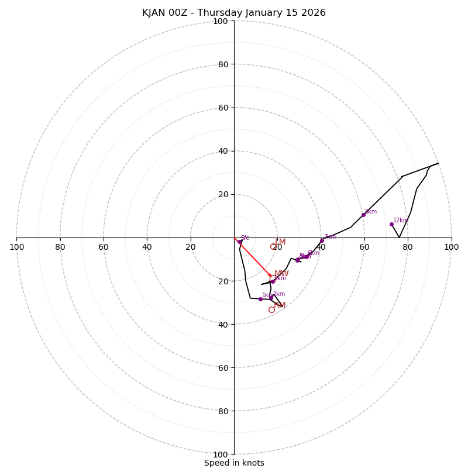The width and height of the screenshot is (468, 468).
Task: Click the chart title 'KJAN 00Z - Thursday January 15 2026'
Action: coord(234,13)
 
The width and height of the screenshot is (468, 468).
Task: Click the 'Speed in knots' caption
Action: coord(234,463)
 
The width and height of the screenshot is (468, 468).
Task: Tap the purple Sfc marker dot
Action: coord(240,242)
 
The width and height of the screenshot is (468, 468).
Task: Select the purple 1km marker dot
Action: coord(260,299)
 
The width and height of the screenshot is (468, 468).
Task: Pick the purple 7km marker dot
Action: coord(322,240)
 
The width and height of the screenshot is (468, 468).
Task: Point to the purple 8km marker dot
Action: coord(363,215)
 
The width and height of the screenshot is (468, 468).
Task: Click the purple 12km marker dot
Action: coord(391,224)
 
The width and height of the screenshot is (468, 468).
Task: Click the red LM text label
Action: coord(280,242)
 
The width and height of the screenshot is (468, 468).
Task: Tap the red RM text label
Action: coord(280,305)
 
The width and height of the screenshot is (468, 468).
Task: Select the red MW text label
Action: coord(281,274)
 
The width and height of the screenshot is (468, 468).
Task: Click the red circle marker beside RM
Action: coord(271,310)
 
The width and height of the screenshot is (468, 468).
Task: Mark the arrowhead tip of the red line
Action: coord(270,275)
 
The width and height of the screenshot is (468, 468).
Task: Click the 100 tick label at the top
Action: coord(221,21)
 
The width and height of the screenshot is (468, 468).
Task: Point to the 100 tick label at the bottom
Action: coord(221,454)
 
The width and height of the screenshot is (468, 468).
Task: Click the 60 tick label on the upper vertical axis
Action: coord(222,108)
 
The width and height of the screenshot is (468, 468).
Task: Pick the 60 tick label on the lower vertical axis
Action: coord(222,367)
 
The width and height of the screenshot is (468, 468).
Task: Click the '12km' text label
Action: coord(400,221)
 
